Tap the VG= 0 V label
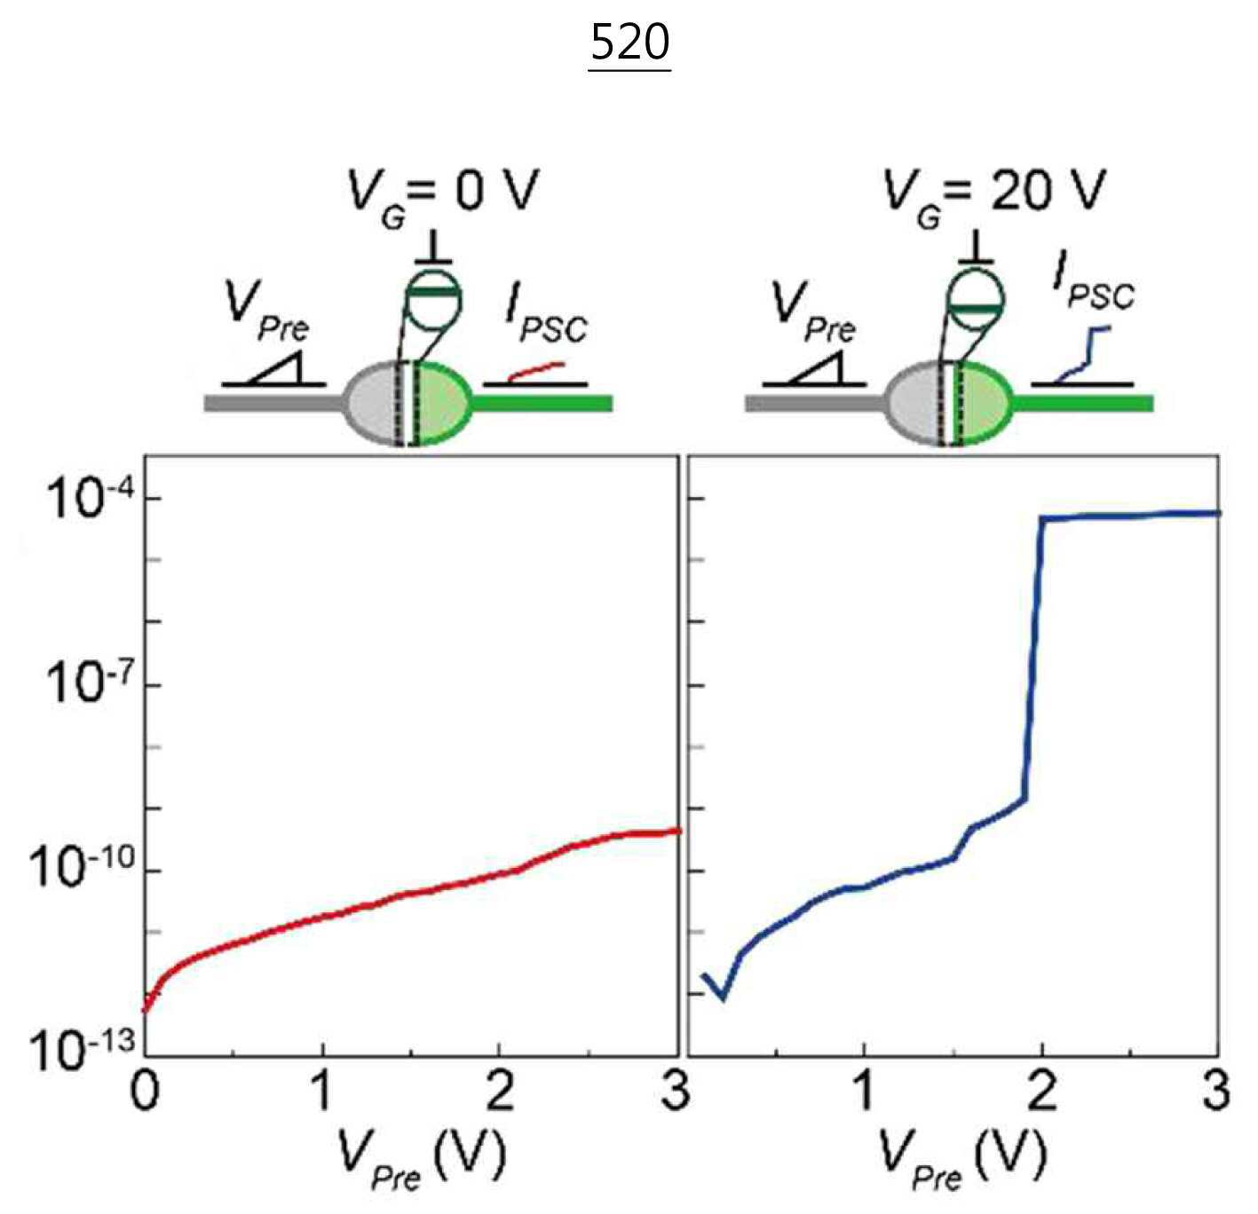coord(442,193)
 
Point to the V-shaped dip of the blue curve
coord(723,999)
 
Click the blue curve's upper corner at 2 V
coord(1042,519)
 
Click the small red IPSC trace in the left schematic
coord(536,371)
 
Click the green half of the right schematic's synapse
coord(985,404)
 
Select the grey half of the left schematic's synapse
coord(372,404)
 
